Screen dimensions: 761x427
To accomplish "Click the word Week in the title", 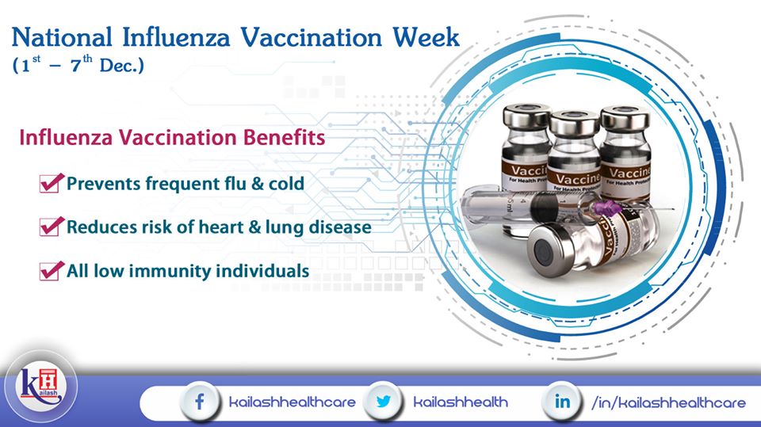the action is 426,38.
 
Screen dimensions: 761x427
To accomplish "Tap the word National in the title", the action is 62,38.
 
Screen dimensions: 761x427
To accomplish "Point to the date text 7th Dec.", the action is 107,64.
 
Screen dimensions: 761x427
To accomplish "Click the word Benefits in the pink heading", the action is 284,137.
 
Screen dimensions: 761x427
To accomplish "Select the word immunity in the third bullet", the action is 170,271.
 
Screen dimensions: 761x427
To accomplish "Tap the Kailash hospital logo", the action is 40,387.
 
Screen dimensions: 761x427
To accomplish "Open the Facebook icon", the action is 200,402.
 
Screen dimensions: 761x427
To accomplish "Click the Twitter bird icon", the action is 384,402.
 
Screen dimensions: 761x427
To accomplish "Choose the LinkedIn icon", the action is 563,402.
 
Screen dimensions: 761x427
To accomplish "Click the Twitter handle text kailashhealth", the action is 461,402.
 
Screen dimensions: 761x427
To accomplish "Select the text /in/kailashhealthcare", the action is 668,402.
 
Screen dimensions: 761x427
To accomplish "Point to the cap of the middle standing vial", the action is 575,123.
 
